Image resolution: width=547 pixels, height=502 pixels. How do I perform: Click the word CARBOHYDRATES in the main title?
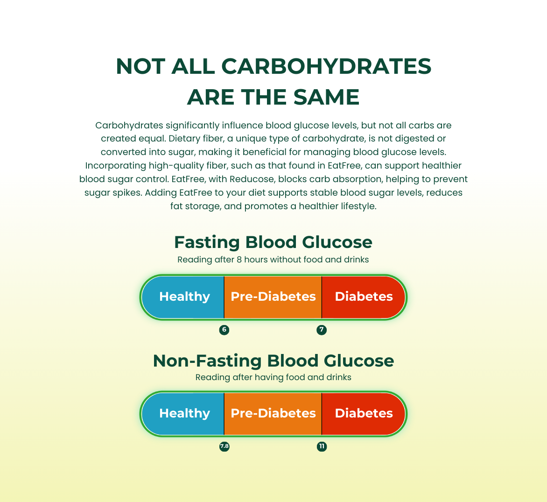(x=326, y=66)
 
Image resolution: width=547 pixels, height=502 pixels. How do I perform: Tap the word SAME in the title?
(x=326, y=97)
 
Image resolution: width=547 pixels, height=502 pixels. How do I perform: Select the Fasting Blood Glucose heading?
(x=273, y=242)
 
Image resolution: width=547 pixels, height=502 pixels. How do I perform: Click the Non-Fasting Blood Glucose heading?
(x=273, y=361)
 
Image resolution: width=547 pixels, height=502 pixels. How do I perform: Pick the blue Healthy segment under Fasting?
(x=183, y=297)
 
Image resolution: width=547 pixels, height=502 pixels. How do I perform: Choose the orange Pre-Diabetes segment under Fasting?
(x=273, y=297)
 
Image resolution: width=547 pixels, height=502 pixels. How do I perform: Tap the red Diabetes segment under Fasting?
(x=363, y=297)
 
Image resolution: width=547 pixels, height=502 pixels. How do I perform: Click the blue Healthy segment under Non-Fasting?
(x=183, y=414)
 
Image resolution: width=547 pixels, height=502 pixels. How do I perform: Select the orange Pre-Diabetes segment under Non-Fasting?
(x=273, y=414)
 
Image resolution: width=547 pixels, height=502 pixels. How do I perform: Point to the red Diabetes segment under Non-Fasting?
(x=363, y=414)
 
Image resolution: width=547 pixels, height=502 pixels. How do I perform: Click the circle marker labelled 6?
(x=224, y=330)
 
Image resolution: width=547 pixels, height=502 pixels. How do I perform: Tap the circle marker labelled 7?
(x=322, y=330)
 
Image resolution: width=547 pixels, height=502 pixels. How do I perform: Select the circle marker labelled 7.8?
(x=224, y=446)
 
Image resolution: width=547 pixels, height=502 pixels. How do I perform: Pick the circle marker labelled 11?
(x=322, y=446)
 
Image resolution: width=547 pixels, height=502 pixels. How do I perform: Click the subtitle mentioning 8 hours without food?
(x=273, y=260)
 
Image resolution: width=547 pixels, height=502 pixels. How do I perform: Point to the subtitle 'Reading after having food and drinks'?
(x=273, y=377)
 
